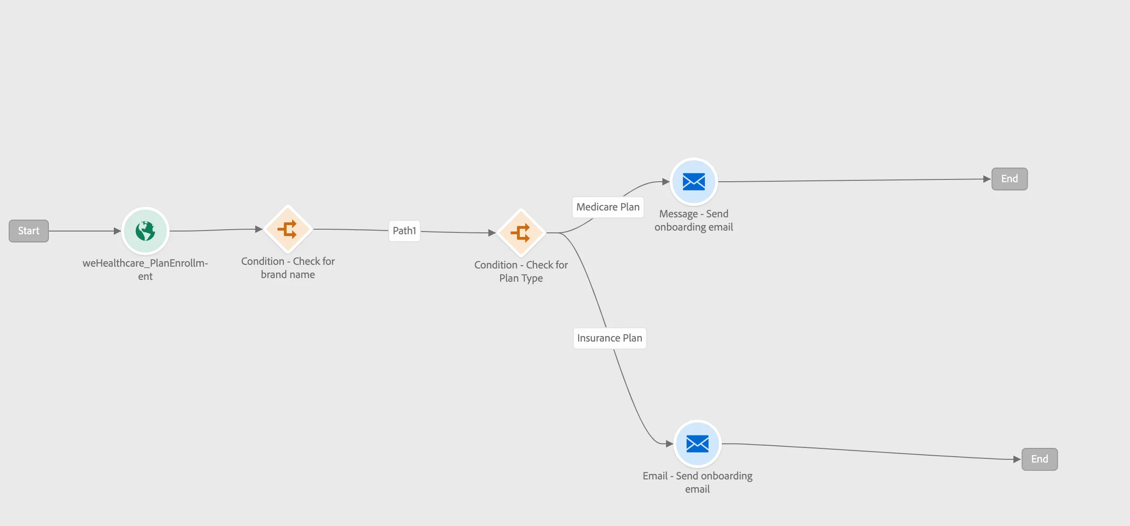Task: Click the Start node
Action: pos(29,231)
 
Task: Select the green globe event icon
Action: pos(145,231)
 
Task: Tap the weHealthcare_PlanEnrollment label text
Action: pos(145,269)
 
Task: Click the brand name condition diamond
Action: pos(288,229)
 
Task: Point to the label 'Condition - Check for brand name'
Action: pos(288,268)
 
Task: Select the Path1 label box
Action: pos(405,231)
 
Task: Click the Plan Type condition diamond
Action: pos(521,233)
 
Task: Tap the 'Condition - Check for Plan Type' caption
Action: pos(521,271)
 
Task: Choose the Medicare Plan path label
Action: pos(608,207)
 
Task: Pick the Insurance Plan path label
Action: pos(610,338)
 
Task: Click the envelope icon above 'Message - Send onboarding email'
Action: pos(694,182)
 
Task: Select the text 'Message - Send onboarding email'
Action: pos(694,220)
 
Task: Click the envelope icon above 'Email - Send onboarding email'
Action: pos(698,444)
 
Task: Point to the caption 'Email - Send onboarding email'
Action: pos(698,482)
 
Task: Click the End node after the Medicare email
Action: pos(1010,179)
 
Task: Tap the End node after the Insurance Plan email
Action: pos(1040,459)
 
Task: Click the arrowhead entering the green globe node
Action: pos(117,231)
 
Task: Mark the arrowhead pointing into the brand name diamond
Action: pos(259,229)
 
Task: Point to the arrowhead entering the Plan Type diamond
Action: pos(492,233)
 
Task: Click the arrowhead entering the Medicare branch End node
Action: pos(987,179)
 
